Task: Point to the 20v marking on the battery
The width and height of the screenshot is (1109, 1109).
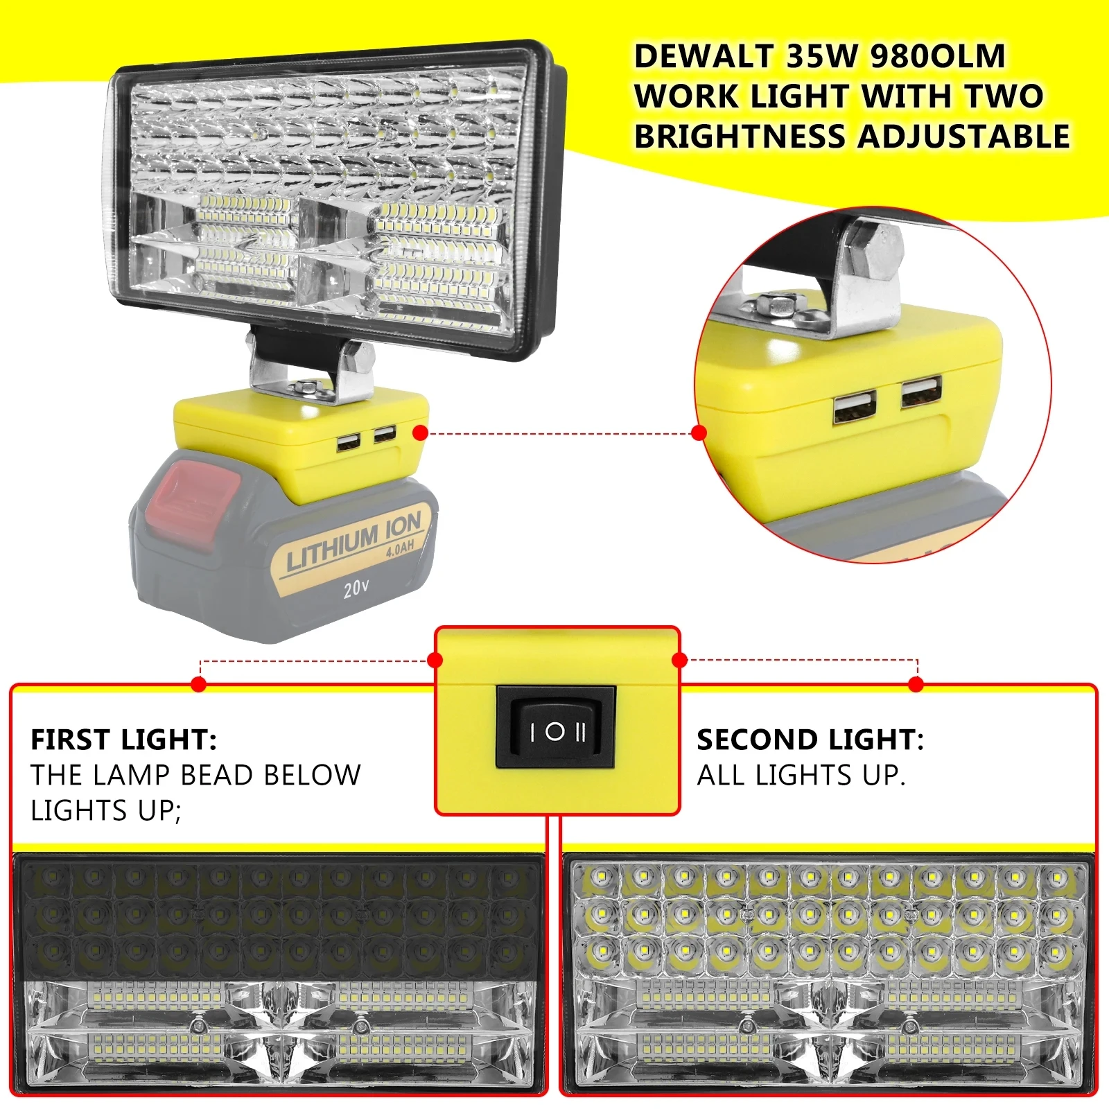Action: pyautogui.click(x=356, y=588)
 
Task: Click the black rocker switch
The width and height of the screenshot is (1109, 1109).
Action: pyautogui.click(x=556, y=727)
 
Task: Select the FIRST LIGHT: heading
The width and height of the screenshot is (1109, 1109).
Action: pyautogui.click(x=123, y=740)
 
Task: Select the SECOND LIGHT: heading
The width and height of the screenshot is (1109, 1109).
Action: pyautogui.click(x=810, y=740)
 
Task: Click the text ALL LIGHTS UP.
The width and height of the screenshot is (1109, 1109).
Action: pyautogui.click(x=801, y=775)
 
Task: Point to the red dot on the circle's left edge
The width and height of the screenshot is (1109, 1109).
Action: pyautogui.click(x=699, y=433)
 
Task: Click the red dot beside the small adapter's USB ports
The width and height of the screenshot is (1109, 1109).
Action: pyautogui.click(x=420, y=433)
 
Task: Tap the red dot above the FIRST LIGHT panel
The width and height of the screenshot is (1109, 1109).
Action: pyautogui.click(x=199, y=684)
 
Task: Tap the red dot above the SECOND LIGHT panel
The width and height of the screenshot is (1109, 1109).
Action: pyautogui.click(x=916, y=684)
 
